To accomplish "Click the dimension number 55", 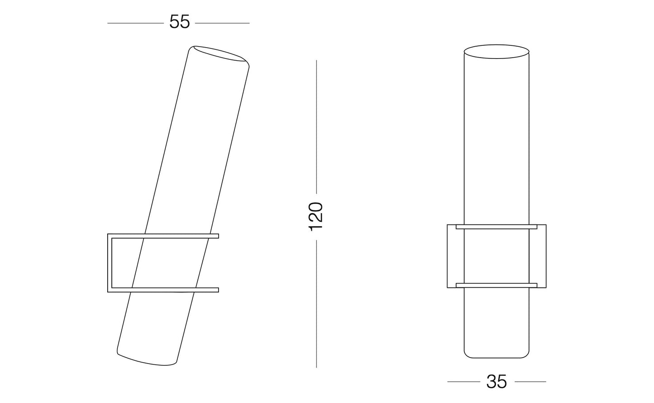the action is [x=180, y=22].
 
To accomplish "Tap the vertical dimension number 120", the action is [x=316, y=216].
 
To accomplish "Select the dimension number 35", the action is [x=496, y=382].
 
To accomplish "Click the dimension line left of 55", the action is [x=135, y=23].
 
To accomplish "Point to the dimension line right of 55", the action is [x=222, y=23].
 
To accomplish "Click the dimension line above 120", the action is [x=316, y=127].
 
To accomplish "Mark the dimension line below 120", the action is [x=316, y=304].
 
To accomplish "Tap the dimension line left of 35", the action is [x=463, y=382].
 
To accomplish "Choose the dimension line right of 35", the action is [x=530, y=382].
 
